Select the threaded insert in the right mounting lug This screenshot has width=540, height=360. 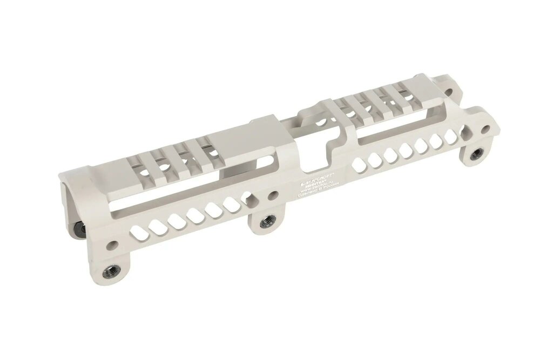click(x=476, y=155)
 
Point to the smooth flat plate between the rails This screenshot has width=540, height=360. click(x=238, y=143)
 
